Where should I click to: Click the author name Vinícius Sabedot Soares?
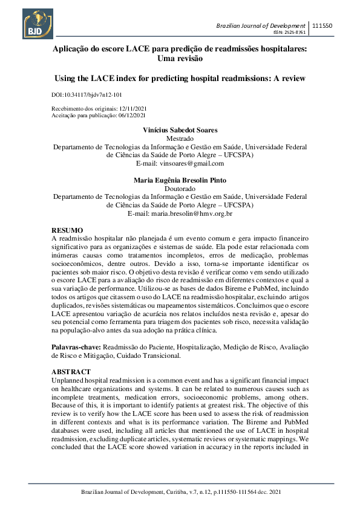(x=180, y=131)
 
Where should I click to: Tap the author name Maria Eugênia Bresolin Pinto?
(x=180, y=180)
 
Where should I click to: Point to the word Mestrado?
(x=180, y=138)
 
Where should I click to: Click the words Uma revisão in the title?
(x=180, y=59)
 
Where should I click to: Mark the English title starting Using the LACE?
(x=180, y=79)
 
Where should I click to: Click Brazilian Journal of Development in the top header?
(x=261, y=25)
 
